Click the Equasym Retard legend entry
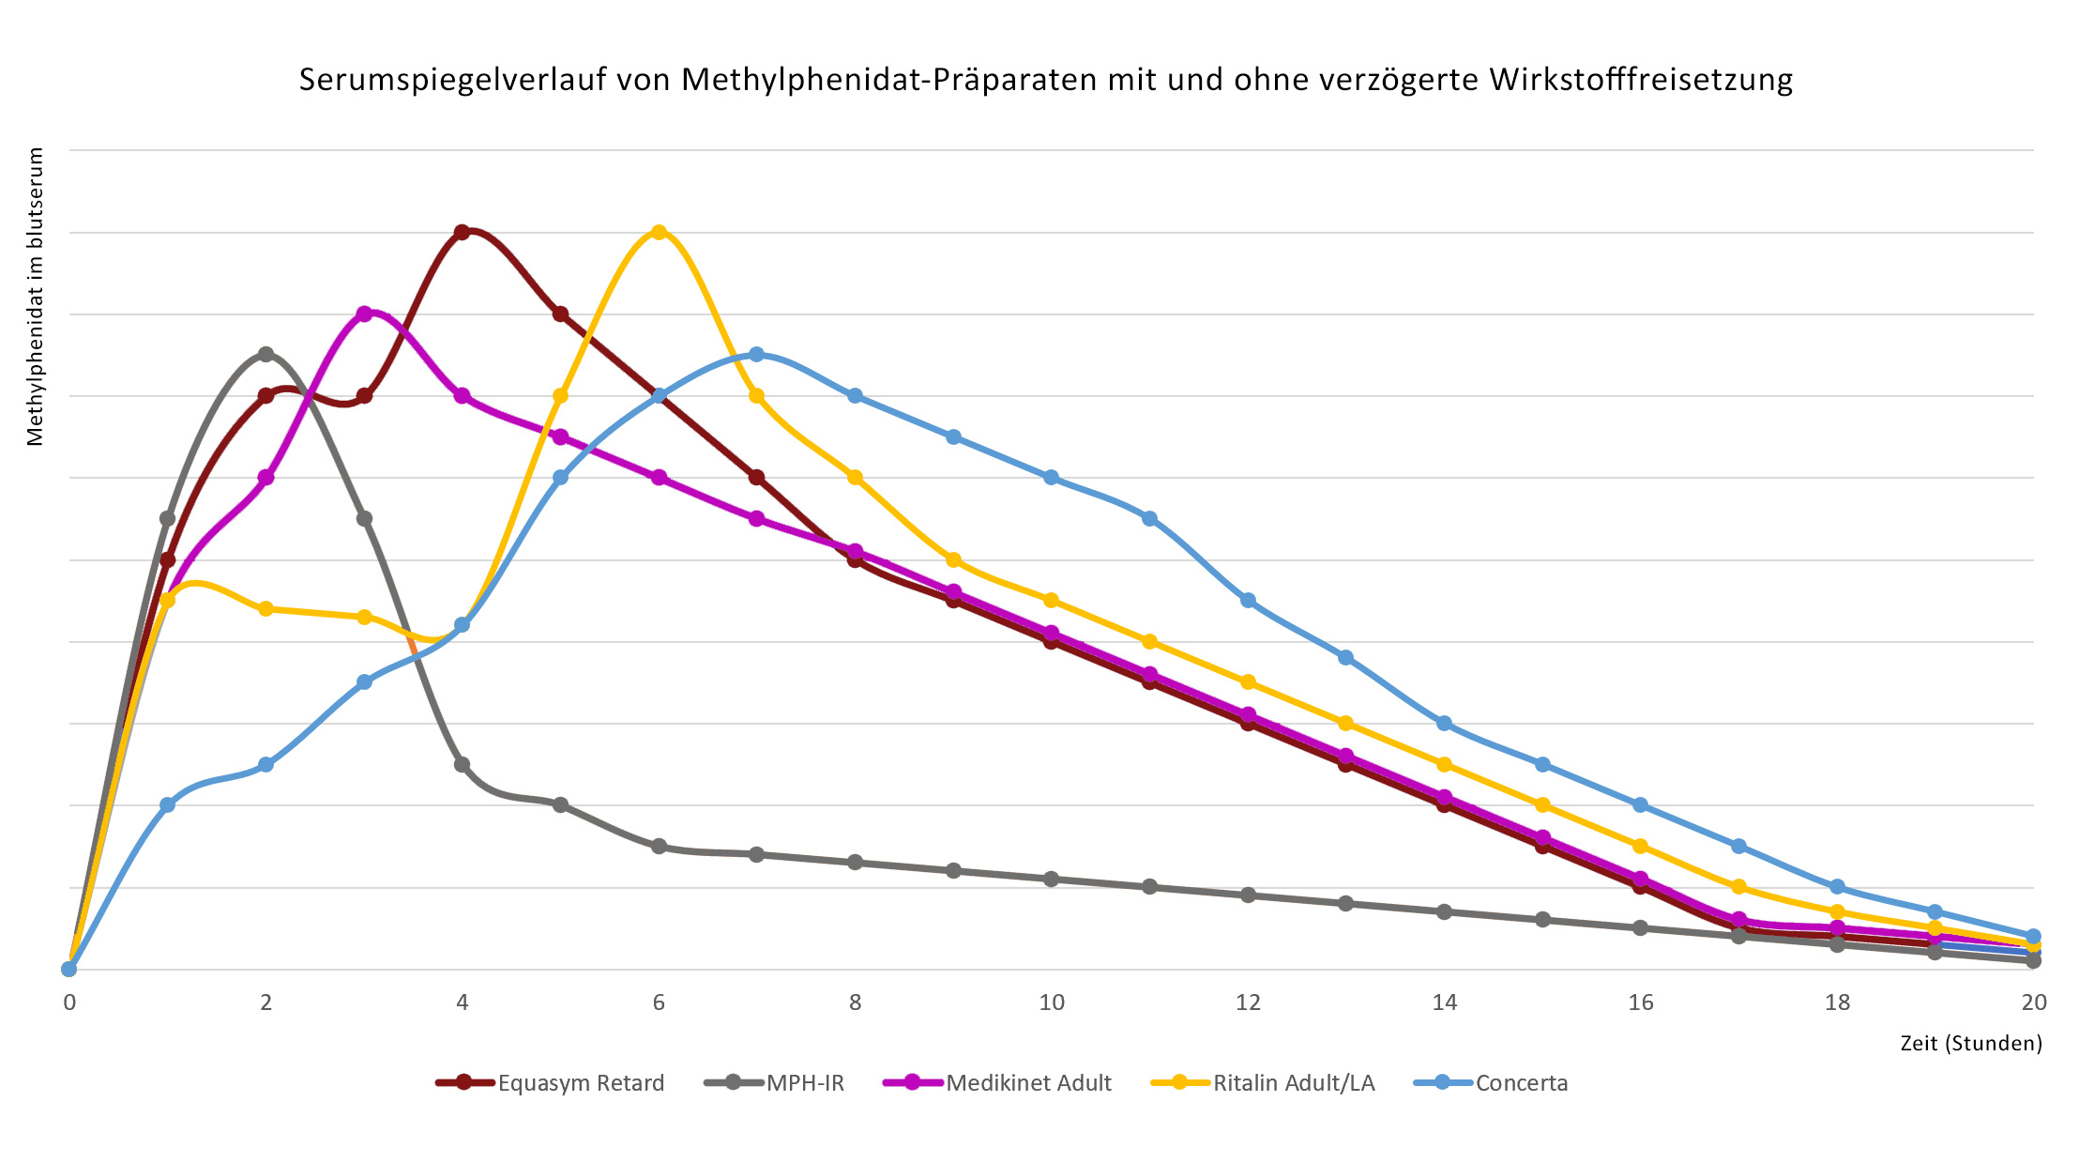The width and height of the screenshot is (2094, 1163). pyautogui.click(x=580, y=1083)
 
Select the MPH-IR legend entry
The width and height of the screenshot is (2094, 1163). pyautogui.click(x=804, y=1083)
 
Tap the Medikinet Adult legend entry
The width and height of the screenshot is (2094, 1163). pyautogui.click(x=1027, y=1083)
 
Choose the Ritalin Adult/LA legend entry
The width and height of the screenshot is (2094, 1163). pyautogui.click(x=1293, y=1083)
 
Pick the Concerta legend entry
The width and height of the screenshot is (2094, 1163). pyautogui.click(x=1521, y=1083)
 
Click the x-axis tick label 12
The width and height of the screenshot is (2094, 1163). pyautogui.click(x=1248, y=1002)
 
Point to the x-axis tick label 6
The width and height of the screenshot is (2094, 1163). pyautogui.click(x=659, y=1002)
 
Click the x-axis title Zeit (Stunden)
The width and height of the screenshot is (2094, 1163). pyautogui.click(x=1971, y=1043)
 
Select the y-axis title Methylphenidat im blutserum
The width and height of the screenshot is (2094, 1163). pyautogui.click(x=36, y=297)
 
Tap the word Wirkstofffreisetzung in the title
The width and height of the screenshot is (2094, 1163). pyautogui.click(x=1641, y=80)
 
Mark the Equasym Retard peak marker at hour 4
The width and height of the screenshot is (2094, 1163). pyautogui.click(x=462, y=232)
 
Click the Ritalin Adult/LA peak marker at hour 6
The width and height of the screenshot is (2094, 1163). pyautogui.click(x=659, y=232)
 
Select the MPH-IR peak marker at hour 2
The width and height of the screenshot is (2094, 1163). pyautogui.click(x=266, y=354)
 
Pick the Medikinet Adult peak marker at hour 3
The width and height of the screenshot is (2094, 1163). pyautogui.click(x=364, y=314)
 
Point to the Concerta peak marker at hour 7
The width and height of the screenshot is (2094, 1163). pyautogui.click(x=757, y=354)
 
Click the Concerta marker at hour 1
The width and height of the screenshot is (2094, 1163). pyautogui.click(x=167, y=804)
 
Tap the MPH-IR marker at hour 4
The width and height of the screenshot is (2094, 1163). pyautogui.click(x=462, y=764)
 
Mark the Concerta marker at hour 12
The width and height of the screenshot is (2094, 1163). pyautogui.click(x=1248, y=600)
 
